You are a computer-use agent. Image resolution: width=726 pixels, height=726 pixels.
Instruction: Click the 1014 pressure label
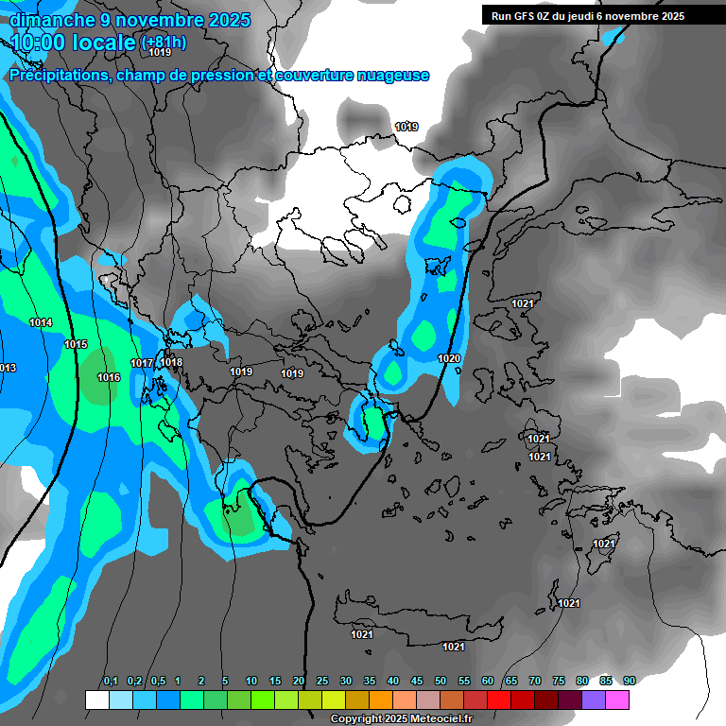[41, 323]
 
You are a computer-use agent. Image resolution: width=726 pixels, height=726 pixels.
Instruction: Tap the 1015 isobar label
[76, 345]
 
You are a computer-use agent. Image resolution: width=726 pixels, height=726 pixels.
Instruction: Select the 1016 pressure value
[109, 378]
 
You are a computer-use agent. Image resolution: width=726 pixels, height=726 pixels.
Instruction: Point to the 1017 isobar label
[142, 364]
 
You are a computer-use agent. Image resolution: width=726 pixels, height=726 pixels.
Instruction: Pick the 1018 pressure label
[171, 363]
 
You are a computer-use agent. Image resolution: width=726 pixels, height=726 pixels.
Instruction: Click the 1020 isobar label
[449, 359]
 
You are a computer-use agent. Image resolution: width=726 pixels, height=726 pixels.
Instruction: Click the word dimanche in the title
[48, 20]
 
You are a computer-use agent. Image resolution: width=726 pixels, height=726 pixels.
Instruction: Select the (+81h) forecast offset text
[164, 43]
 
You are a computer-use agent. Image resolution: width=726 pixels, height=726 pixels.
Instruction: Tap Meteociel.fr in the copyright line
[441, 719]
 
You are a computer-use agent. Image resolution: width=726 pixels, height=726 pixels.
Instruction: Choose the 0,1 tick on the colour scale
[111, 682]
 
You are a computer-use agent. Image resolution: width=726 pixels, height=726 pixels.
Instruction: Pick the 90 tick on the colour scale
[630, 682]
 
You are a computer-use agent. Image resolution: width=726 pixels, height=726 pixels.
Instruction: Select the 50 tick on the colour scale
[441, 682]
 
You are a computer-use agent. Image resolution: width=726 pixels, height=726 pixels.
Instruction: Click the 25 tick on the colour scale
[322, 682]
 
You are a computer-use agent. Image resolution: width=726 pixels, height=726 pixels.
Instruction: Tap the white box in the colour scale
[96, 700]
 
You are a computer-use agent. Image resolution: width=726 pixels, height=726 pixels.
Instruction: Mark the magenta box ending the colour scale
[617, 700]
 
